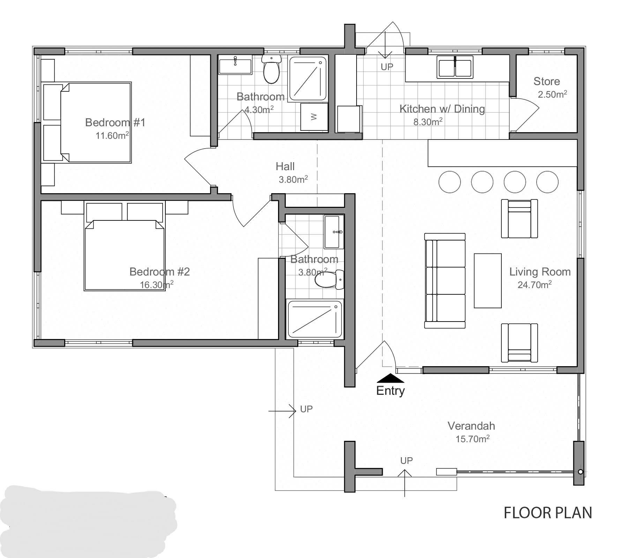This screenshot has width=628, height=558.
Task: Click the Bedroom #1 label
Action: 115,122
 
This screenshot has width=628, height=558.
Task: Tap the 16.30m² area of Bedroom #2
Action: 157,285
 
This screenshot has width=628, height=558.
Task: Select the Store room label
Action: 546,81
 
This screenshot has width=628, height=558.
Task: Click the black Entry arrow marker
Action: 390,378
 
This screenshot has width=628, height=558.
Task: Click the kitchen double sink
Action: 455,67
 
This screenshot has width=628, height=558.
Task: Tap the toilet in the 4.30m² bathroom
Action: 271,69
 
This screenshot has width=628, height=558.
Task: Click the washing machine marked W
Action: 314,116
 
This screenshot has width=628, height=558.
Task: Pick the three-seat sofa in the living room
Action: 445,281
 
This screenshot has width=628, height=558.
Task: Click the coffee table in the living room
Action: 487,281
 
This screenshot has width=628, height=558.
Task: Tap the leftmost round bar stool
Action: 449,182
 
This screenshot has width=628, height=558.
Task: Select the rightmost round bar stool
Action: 547,182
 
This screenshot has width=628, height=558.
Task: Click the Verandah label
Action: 471,426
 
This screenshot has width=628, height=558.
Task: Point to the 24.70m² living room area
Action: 534,285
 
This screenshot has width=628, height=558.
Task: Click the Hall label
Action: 285,166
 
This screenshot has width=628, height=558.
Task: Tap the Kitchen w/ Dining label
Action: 442,109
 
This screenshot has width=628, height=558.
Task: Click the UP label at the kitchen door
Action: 387,67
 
